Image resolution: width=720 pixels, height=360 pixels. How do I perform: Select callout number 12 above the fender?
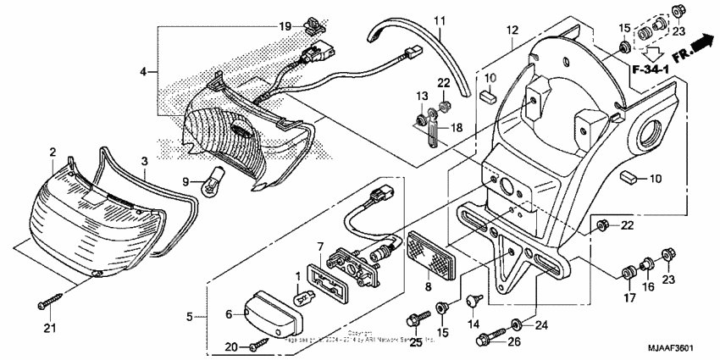511,30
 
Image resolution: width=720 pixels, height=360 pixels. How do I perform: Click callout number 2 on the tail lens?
53,152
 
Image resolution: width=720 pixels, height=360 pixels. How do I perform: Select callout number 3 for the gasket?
144,160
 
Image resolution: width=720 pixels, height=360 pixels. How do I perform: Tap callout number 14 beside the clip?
474,324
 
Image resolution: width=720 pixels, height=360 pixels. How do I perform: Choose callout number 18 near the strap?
455,127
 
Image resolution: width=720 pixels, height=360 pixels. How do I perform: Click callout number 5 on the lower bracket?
190,318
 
